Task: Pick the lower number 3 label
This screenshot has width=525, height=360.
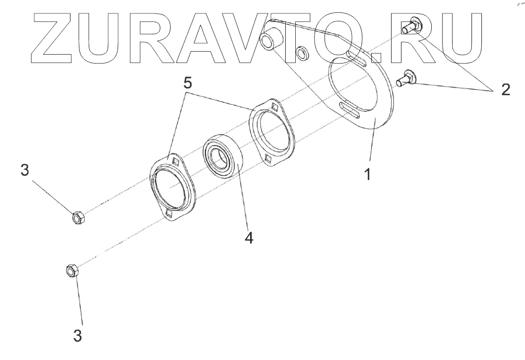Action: tap(77, 334)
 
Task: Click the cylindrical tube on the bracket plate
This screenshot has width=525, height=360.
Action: tap(270, 41)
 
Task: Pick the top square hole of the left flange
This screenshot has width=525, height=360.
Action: tap(175, 160)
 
